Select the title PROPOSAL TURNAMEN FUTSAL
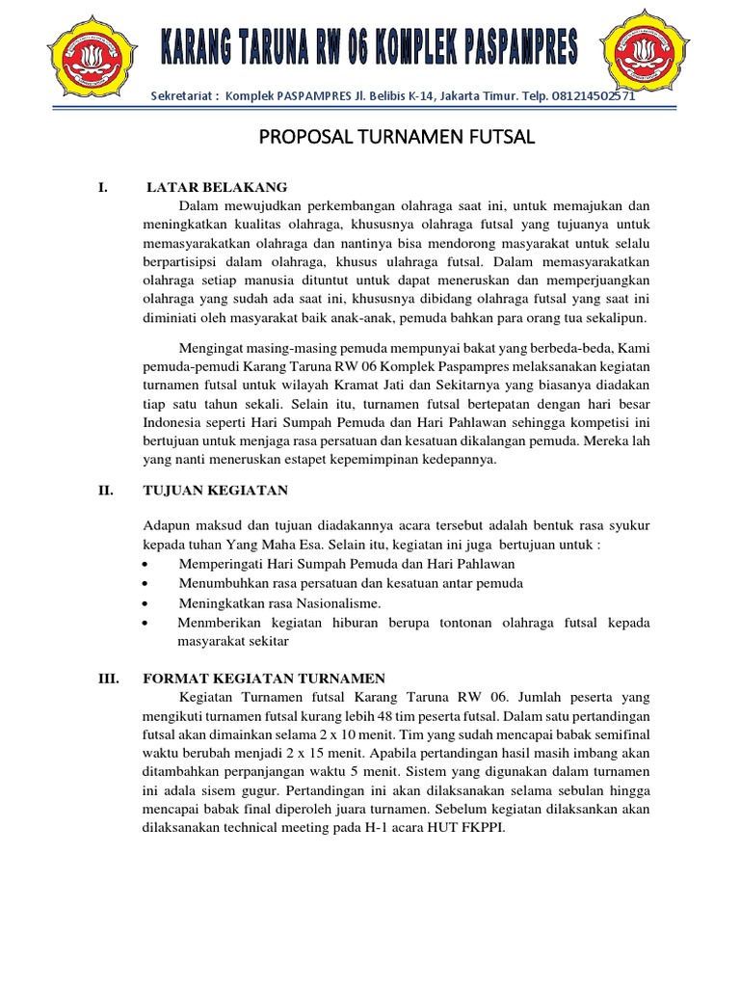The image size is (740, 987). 397,139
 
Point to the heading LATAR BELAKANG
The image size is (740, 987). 217,187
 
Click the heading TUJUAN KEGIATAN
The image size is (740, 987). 216,491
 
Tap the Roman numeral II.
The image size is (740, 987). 106,491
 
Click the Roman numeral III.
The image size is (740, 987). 108,679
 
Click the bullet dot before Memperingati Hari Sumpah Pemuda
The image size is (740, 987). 145,564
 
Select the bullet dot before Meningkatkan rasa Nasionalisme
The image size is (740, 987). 145,602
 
